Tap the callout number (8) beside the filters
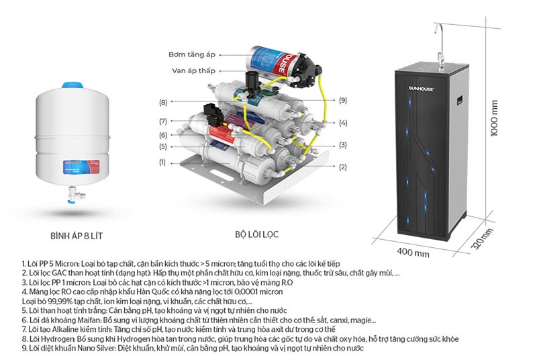[163, 103]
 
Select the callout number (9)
[343, 101]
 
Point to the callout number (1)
[162, 163]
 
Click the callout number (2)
[342, 167]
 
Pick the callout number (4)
[343, 123]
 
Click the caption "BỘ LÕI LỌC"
[256, 235]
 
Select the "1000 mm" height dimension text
[495, 119]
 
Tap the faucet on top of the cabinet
[440, 40]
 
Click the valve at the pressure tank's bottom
[70, 196]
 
